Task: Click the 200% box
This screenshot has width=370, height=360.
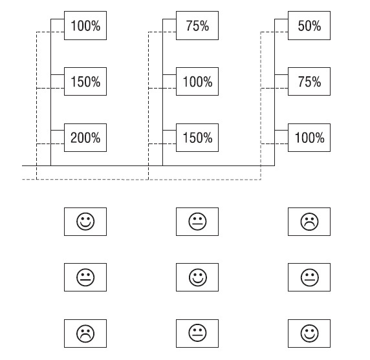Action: pos(85,138)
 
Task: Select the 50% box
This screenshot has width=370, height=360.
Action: pos(309,25)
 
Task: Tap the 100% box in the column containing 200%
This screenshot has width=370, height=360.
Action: pos(85,25)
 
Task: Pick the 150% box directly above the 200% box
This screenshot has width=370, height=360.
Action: pos(85,81)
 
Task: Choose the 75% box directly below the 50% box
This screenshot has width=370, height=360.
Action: pos(309,81)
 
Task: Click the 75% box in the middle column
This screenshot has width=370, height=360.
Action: pos(197,25)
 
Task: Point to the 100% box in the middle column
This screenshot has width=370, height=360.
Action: pos(197,81)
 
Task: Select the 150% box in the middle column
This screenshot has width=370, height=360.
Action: pos(197,138)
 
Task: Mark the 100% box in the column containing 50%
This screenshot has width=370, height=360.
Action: pos(309,138)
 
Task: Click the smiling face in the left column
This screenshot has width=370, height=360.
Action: pos(85,222)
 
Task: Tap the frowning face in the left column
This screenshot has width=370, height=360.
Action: pos(85,334)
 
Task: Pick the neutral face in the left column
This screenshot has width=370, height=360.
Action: pos(85,277)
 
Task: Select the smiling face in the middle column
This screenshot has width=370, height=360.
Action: pos(198,277)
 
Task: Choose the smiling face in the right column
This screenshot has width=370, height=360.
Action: pos(310,334)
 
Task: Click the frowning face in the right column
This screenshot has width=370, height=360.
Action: pos(310,222)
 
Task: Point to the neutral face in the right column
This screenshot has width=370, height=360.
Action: pos(310,277)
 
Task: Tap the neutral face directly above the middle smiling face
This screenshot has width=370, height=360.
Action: pos(198,222)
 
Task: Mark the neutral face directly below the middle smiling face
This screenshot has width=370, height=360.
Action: pos(198,334)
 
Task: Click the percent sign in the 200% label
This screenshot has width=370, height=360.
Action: pos(96,138)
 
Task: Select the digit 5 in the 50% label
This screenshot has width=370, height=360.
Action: pos(301,26)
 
